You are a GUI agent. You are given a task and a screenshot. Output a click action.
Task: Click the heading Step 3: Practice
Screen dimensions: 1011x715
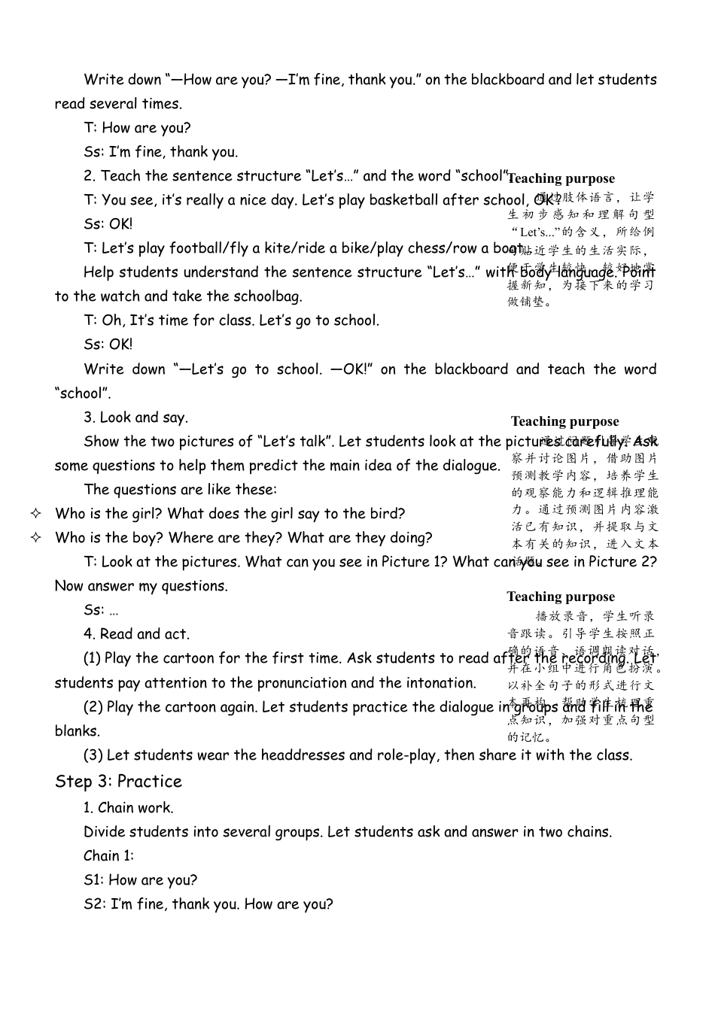[x=118, y=782]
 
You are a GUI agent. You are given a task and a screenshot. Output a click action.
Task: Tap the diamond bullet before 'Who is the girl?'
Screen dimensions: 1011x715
[x=35, y=514]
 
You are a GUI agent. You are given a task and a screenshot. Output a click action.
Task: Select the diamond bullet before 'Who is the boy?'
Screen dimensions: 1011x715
[x=35, y=538]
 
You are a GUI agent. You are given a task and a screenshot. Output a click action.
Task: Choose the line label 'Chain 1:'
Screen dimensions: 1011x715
[x=108, y=856]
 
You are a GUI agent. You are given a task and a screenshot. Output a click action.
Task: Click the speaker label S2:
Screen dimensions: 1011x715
[x=96, y=904]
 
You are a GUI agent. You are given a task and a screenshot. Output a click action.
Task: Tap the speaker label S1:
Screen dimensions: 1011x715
[x=95, y=880]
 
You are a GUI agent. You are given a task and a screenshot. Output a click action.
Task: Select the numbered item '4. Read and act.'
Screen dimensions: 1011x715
[x=136, y=634]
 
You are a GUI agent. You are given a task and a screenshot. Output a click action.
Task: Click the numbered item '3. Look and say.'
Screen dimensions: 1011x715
[x=135, y=417]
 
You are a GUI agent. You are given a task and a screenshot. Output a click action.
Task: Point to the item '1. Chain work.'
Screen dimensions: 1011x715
[x=128, y=808]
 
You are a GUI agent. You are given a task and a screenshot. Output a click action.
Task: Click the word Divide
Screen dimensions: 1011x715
[x=105, y=832]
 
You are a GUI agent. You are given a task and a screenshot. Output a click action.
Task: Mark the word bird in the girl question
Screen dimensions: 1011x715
[x=390, y=514]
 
